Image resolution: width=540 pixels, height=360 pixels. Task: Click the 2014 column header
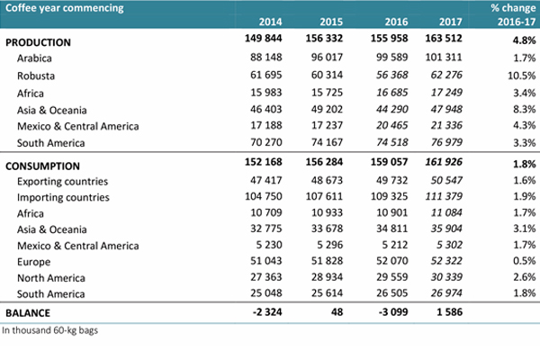coord(270,22)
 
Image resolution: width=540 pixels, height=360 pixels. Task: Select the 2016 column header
coord(396,22)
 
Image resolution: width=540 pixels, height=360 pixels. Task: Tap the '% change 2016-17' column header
coord(513,14)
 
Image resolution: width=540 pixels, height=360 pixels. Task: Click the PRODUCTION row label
coord(38,42)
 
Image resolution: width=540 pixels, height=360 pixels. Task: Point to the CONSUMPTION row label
coord(42,166)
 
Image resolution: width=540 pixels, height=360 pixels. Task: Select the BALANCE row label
coord(28,313)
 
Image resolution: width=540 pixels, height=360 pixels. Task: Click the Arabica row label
coord(34,58)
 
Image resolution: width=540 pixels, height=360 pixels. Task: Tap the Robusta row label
coord(36,76)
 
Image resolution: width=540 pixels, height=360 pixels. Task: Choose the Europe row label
coord(34,262)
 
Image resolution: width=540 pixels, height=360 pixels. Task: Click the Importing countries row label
coord(63,197)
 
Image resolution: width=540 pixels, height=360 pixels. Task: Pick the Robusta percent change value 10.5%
coord(522,76)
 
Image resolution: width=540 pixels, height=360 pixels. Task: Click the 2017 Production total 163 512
coord(444,38)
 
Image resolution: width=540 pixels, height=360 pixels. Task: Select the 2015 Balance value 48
coord(337,311)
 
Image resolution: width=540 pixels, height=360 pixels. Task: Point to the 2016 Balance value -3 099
coord(393,311)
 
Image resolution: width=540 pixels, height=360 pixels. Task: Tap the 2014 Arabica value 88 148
coord(266,57)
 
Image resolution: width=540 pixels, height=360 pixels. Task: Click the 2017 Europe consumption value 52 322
coord(446,261)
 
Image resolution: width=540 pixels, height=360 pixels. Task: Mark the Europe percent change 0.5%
coord(525,261)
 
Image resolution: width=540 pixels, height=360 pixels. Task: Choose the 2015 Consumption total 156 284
coord(324,162)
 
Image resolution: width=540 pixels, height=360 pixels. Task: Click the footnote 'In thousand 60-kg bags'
coord(49,330)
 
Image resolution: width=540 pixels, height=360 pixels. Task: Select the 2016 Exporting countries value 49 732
coord(391,180)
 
